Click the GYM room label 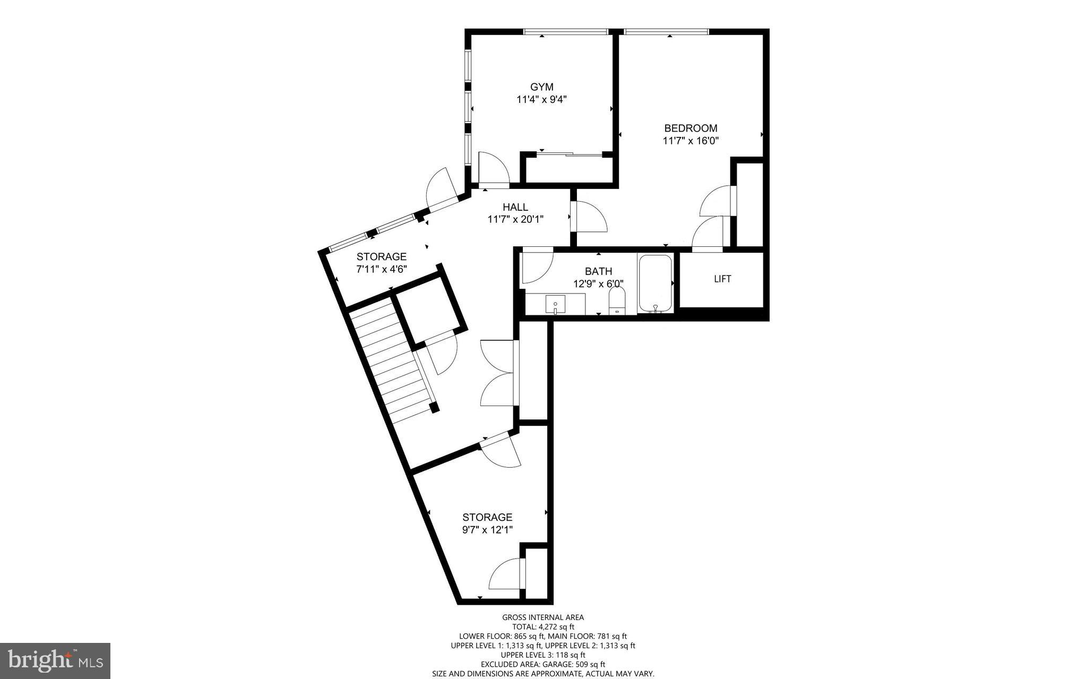[x=541, y=87]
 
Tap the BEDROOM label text [x=691, y=128]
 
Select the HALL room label [x=515, y=207]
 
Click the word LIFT [x=722, y=279]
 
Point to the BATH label [x=598, y=271]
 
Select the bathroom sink [x=555, y=305]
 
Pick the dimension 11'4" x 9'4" [x=541, y=99]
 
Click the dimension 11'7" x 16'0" [x=691, y=141]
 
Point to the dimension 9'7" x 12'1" [x=487, y=529]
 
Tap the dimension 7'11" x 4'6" [x=381, y=269]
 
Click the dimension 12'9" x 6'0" [x=598, y=284]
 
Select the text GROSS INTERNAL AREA [x=543, y=617]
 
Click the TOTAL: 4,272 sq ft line [x=543, y=626]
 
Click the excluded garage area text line [x=543, y=664]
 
